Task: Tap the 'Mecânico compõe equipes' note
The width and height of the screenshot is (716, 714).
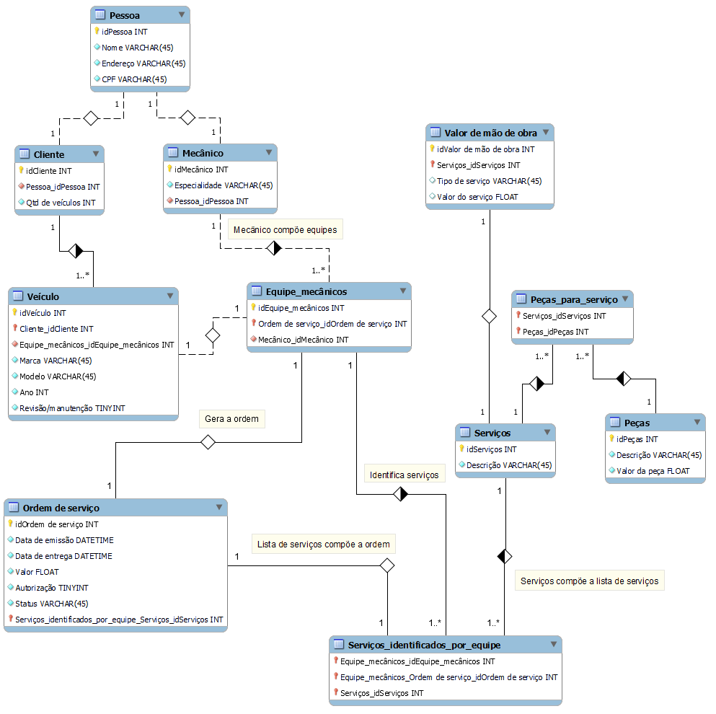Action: click(284, 230)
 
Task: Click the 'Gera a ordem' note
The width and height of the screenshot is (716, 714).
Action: click(231, 419)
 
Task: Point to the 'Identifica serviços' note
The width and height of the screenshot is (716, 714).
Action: click(404, 475)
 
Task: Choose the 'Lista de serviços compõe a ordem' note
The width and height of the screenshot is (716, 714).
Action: click(323, 545)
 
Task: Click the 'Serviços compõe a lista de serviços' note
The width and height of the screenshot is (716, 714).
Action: click(589, 581)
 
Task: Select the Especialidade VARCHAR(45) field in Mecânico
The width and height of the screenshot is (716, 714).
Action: click(223, 185)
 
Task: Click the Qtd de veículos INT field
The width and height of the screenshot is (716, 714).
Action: click(61, 203)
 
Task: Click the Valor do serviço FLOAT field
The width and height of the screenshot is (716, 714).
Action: click(477, 197)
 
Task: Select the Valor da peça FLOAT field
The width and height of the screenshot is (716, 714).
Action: click(653, 471)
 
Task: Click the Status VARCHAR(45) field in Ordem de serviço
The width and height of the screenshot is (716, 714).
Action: click(51, 604)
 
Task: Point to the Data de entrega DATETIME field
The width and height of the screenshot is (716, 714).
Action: click(64, 556)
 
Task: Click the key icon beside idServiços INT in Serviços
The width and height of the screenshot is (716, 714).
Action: click(461, 449)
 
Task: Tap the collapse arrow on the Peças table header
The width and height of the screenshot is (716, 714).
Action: click(697, 423)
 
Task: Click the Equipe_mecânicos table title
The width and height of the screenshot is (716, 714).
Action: click(306, 291)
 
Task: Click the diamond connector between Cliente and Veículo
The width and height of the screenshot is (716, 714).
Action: click(76, 251)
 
